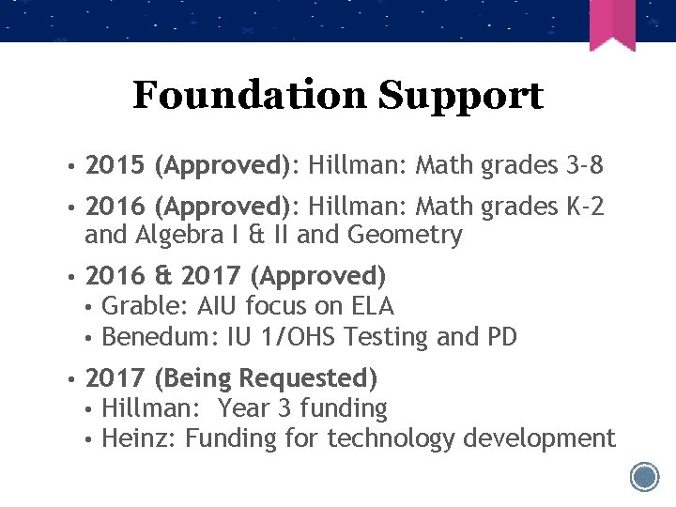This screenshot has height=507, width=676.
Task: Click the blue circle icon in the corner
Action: pos(645,477)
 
